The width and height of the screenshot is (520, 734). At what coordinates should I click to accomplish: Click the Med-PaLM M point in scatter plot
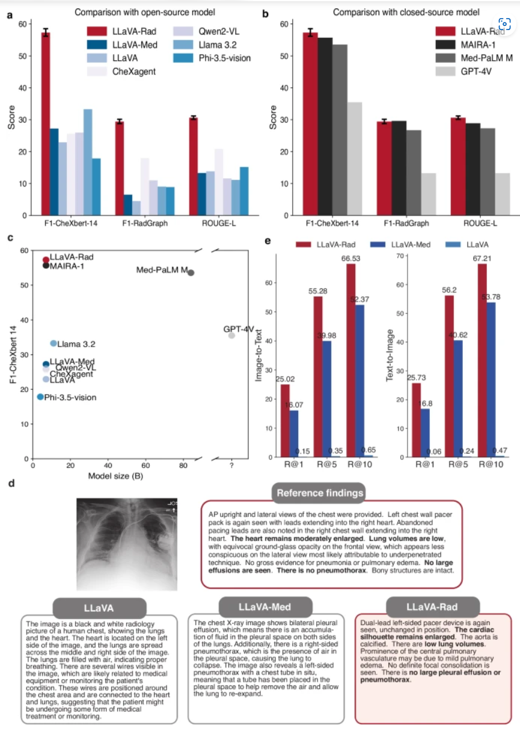coord(191,273)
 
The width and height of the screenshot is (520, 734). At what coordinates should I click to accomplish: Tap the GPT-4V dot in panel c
coord(231,335)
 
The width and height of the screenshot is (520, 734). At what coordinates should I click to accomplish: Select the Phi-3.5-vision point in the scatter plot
coord(40,397)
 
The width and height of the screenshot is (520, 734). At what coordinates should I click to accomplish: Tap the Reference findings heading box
coord(320,493)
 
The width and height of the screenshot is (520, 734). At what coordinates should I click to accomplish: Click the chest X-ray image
coord(127,544)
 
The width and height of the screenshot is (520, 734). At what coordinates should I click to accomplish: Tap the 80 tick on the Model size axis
coord(183,466)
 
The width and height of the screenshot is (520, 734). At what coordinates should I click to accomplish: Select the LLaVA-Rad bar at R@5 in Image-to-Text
coord(318,377)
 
